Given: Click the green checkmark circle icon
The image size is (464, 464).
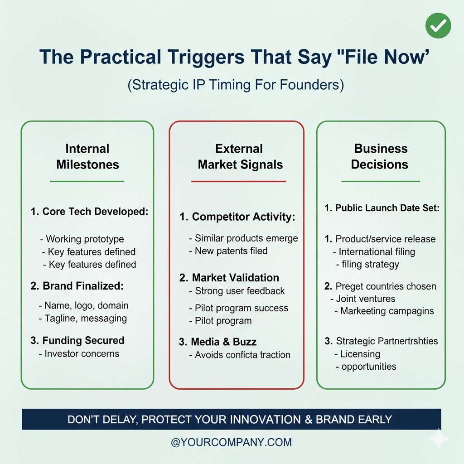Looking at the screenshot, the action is (438, 25).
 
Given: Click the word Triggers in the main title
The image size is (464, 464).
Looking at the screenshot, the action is (206, 57).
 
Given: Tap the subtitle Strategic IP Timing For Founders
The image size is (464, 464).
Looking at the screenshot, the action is (236, 85).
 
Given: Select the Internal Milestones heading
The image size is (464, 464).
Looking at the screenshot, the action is (87, 156).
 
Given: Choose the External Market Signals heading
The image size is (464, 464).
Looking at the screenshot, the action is (240, 156).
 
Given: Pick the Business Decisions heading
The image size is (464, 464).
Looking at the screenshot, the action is (380, 156).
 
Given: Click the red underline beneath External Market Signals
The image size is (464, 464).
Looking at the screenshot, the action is (238, 181).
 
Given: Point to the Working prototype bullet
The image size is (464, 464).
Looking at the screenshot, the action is (82, 239).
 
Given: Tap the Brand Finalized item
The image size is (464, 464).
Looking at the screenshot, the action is (77, 286).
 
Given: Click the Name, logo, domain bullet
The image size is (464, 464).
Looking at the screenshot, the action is (83, 305).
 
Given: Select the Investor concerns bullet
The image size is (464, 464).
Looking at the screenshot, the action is (79, 353).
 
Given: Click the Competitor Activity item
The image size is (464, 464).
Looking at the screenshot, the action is (237, 217).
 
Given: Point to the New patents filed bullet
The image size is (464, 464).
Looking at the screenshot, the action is (228, 251).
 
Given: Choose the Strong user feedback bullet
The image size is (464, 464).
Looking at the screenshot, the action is (237, 291).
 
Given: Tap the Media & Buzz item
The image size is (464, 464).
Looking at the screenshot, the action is (217, 342).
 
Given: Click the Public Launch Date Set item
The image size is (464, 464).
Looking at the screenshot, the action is (382, 208).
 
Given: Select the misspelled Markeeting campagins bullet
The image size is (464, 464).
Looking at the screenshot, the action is (384, 311).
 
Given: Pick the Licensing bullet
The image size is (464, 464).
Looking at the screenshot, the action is (357, 354).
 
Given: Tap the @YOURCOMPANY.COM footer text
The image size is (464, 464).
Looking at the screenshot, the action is (232, 442).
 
